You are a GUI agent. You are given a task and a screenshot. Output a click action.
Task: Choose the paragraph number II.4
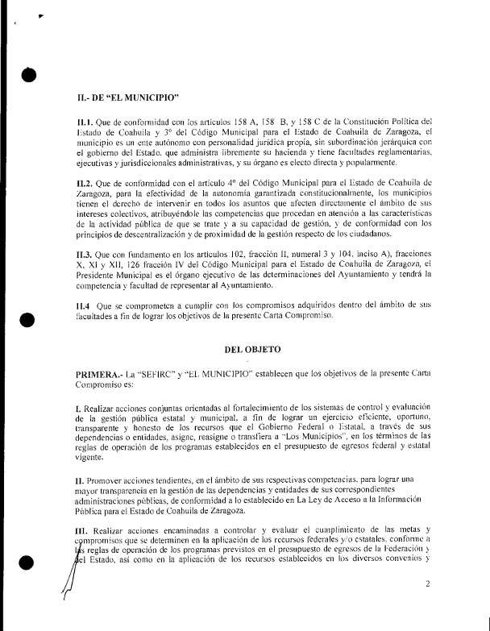point(81,307)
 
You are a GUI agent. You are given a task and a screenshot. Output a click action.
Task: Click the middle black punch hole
point(27,321)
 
